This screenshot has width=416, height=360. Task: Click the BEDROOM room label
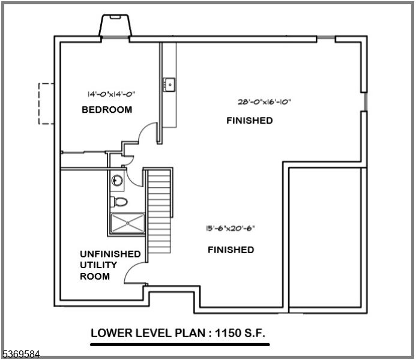click(x=107, y=110)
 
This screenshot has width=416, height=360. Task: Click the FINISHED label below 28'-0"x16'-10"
click(x=249, y=121)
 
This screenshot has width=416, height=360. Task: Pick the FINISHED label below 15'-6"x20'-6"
click(x=231, y=250)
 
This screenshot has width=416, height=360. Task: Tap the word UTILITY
click(x=98, y=265)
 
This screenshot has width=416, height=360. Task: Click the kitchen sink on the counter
click(x=170, y=85)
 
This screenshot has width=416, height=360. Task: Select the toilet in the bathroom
click(x=119, y=202)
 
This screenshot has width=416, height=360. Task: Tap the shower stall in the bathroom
click(x=127, y=223)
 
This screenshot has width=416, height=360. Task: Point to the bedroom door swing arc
click(x=147, y=133)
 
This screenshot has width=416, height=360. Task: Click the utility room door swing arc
click(x=133, y=274)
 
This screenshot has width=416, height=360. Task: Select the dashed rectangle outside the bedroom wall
click(x=47, y=103)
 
